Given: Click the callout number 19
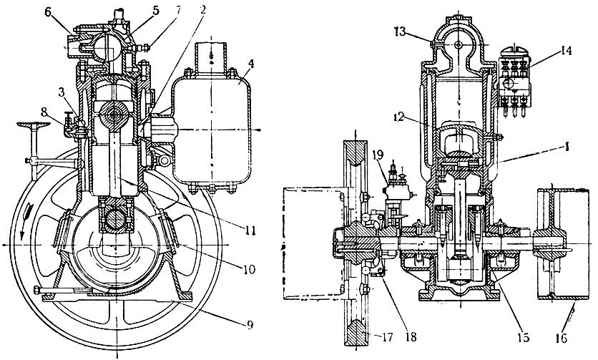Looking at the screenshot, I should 378,153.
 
